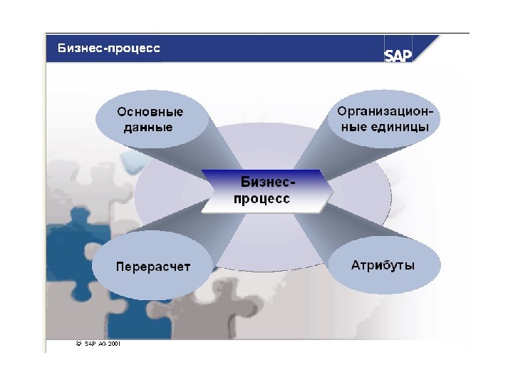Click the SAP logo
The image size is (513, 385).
399,55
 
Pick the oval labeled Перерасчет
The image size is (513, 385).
153,267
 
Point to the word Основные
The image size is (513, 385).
150,112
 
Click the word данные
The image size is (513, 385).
148,128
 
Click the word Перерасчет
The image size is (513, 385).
153,267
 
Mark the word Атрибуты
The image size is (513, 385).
383,265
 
